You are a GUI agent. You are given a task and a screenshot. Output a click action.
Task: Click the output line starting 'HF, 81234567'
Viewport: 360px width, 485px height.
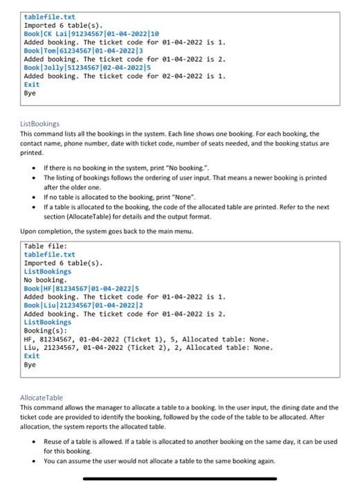tap(145, 339)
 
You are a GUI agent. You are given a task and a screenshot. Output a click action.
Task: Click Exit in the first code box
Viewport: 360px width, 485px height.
tap(32, 85)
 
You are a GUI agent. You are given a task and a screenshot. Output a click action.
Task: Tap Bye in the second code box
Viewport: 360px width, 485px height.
tap(30, 364)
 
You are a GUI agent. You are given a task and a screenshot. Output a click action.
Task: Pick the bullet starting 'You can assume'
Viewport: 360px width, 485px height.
tap(159, 461)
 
